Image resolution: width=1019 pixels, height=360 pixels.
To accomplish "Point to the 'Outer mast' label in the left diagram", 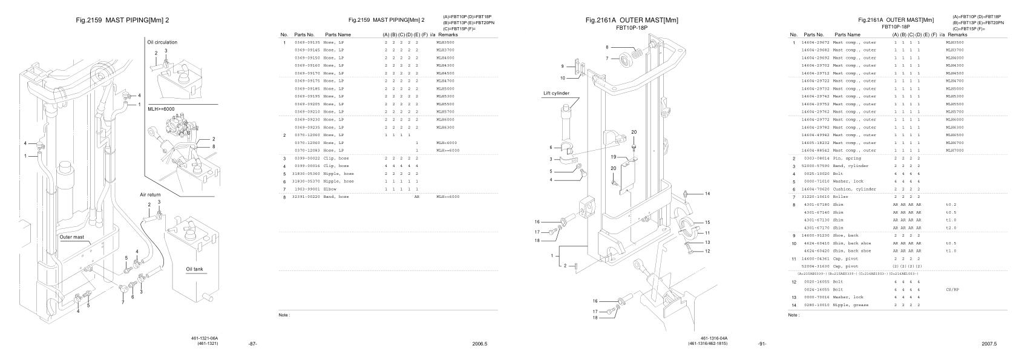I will (71, 237).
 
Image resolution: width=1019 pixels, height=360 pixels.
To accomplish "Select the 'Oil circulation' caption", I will (162, 42).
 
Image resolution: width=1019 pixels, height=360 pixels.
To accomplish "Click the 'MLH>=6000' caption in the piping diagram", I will (161, 110).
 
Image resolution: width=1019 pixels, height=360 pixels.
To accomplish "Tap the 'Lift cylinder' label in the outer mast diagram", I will (556, 94).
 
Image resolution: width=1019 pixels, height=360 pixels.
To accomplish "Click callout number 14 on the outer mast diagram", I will (707, 194).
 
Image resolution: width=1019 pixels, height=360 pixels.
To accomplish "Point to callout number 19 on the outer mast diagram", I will (614, 157).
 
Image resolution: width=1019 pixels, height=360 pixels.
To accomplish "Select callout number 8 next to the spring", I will (607, 47).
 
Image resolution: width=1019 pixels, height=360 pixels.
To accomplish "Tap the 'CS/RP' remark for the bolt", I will (952, 289).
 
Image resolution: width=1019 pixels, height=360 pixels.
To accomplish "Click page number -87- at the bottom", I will (253, 344).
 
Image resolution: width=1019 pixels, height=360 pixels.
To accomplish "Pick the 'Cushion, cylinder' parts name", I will (854, 189).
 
